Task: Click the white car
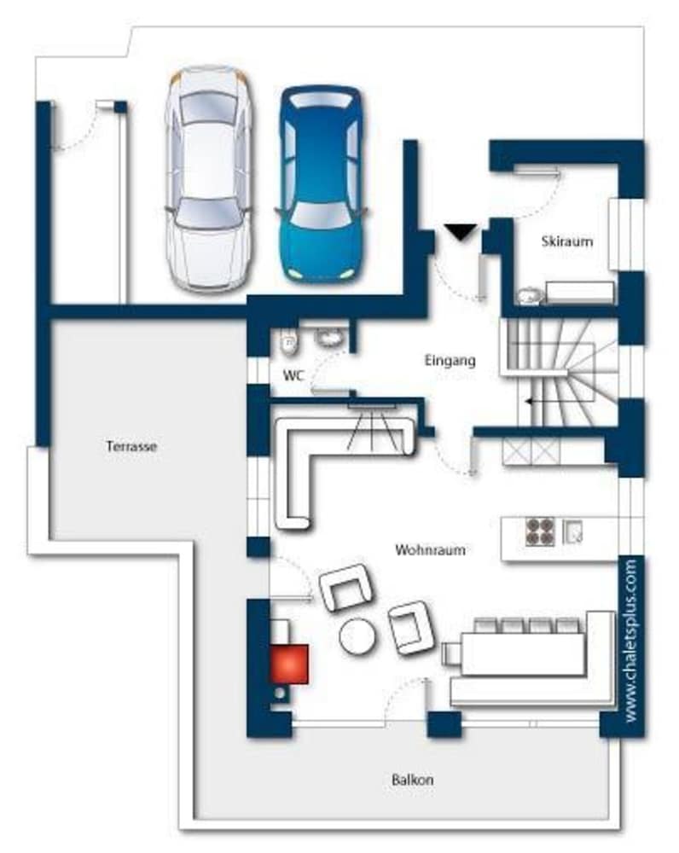click(x=209, y=178)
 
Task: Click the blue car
click(x=321, y=184)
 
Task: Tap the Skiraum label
click(x=567, y=241)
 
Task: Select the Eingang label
click(x=450, y=360)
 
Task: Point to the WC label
click(x=293, y=375)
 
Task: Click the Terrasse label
click(x=131, y=447)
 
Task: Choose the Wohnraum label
click(x=430, y=549)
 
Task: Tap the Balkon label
click(x=412, y=780)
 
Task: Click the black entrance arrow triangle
click(x=461, y=232)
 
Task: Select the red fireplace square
click(x=289, y=664)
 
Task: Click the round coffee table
click(x=357, y=636)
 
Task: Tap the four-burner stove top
click(x=540, y=531)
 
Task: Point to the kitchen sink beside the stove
click(x=572, y=531)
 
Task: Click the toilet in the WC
click(x=289, y=343)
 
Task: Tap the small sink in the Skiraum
click(x=528, y=295)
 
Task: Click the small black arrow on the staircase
click(x=530, y=402)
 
